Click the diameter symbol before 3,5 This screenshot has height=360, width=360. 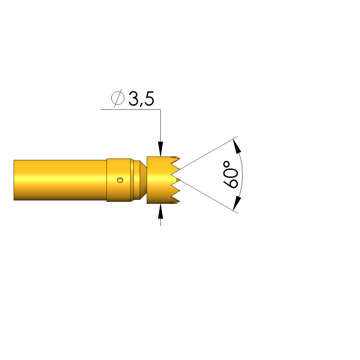point(118,98)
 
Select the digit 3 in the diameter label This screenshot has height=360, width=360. point(133,98)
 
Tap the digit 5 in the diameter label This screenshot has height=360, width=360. point(149,99)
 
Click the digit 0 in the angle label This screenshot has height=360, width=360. point(231,171)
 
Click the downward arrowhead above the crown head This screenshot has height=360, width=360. point(160,149)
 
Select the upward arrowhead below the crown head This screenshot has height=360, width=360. point(160,211)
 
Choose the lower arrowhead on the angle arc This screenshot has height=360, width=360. point(237,203)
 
